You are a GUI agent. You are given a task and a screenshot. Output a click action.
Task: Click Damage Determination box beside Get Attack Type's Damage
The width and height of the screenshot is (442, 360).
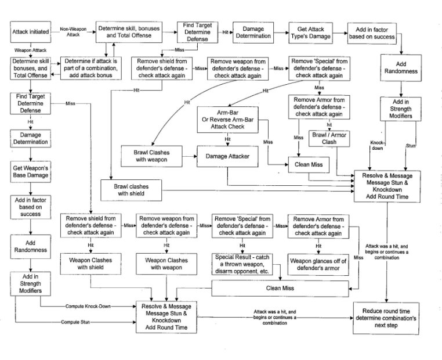[x=252, y=32]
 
